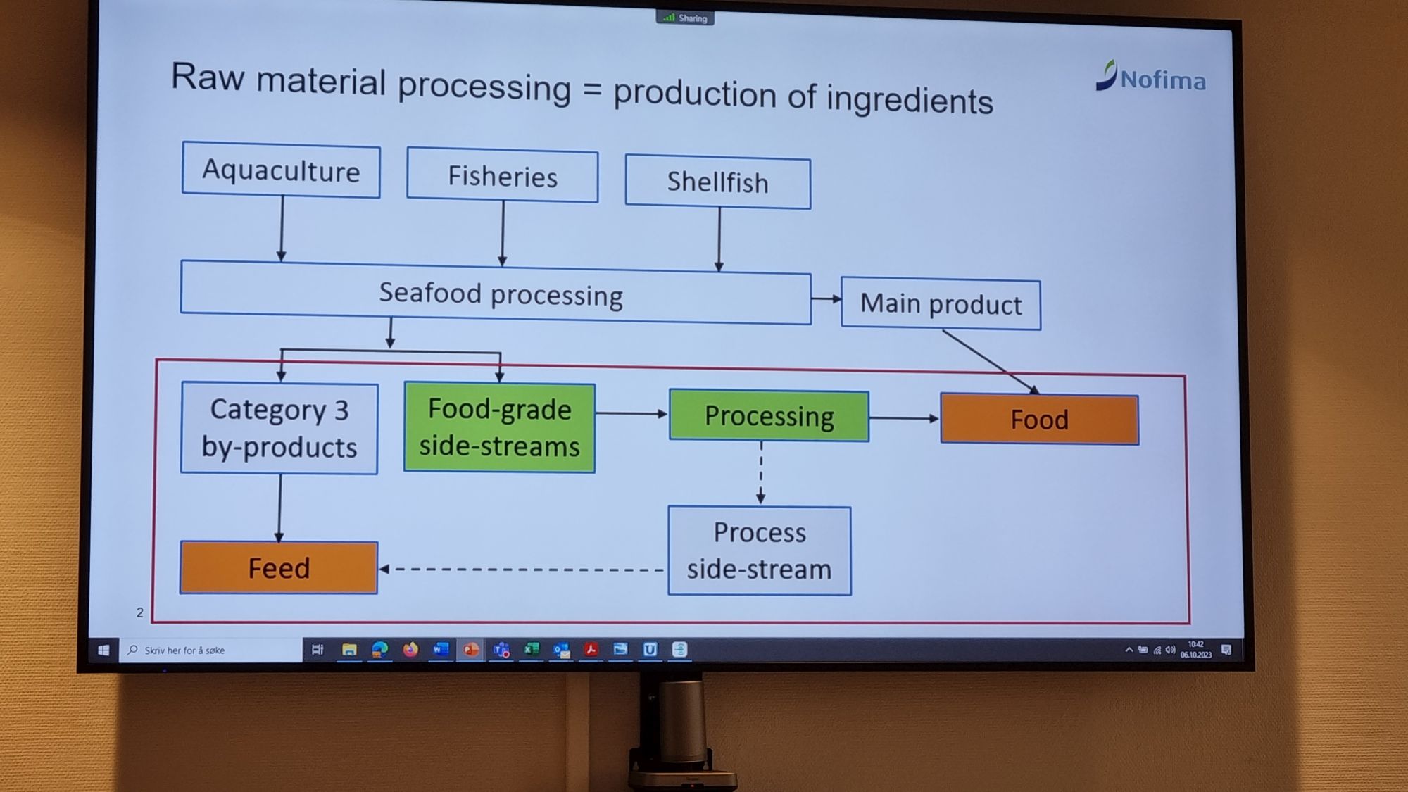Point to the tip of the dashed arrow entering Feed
[379, 569]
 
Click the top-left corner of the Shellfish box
[626, 155]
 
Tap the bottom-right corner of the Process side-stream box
[851, 595]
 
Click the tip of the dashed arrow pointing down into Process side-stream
[760, 504]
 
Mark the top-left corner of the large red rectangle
[156, 360]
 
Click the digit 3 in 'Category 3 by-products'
[341, 410]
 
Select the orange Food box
[1039, 420]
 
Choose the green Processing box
[769, 416]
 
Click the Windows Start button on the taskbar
[103, 650]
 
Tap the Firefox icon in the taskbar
[410, 649]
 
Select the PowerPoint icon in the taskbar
[470, 649]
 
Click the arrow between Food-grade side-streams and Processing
[631, 413]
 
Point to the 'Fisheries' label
[503, 177]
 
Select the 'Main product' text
[941, 304]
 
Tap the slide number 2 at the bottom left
[139, 612]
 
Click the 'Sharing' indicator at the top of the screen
[685, 18]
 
